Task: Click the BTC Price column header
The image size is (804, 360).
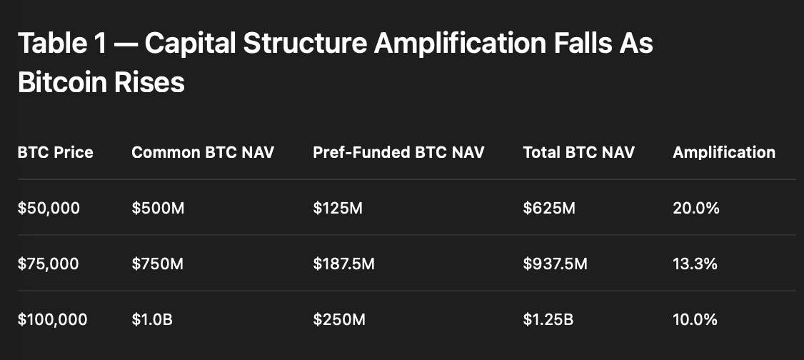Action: point(56,152)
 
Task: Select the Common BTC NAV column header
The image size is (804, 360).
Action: point(203,152)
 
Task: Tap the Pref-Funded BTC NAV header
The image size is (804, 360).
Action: point(399,152)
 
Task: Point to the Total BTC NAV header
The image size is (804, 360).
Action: point(579,152)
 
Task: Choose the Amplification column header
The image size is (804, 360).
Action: point(724,152)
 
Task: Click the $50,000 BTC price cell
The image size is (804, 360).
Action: point(49,208)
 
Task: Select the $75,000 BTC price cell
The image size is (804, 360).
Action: point(49,264)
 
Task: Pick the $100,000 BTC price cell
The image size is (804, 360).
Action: point(52,320)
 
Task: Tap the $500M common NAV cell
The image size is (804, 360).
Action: point(158,208)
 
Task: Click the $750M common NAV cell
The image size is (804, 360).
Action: point(157,264)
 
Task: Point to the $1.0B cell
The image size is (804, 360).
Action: point(152,320)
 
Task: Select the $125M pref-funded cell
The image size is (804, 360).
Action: point(338,208)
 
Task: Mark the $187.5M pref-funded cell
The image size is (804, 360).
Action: point(344,264)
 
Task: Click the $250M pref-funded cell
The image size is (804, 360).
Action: point(339,320)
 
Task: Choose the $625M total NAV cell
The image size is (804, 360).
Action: point(549,208)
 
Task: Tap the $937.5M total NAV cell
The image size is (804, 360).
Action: point(556,264)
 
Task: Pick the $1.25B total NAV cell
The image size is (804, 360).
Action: point(548,320)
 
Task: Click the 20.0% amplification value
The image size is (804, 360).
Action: point(696,208)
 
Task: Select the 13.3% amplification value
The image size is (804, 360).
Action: point(695,264)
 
